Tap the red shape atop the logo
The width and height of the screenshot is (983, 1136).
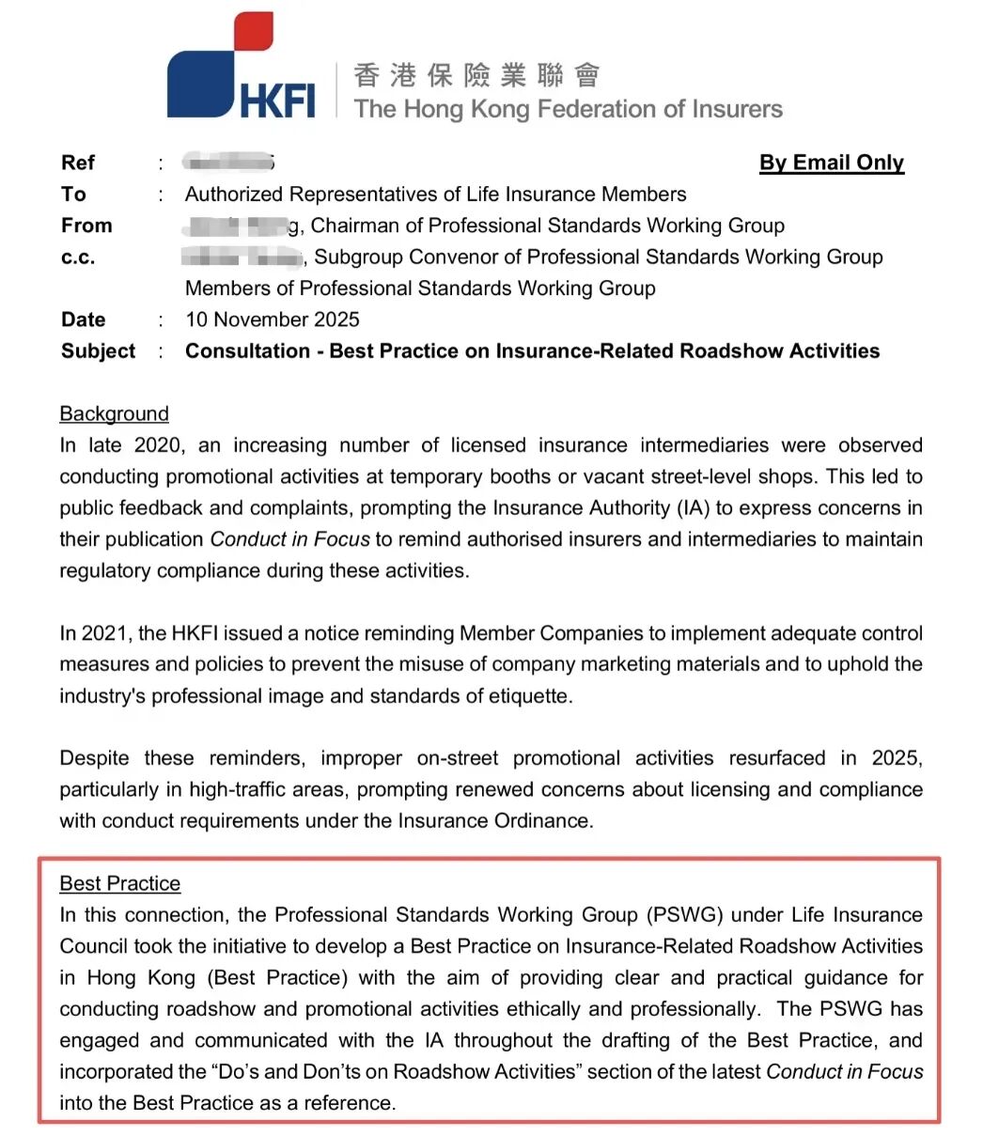[253, 31]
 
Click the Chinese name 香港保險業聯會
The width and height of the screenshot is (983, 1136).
[476, 75]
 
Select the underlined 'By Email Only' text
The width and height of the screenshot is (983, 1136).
[831, 163]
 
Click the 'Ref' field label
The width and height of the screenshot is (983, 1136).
[78, 163]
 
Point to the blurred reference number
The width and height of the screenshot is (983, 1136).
[228, 163]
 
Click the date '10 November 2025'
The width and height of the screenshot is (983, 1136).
[273, 319]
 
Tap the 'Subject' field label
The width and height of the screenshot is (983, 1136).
[99, 351]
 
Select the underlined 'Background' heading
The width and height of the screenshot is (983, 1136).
[115, 414]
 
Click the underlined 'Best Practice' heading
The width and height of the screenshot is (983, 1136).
[120, 884]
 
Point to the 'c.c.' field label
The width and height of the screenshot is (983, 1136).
[78, 257]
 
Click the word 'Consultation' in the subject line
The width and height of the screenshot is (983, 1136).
[247, 351]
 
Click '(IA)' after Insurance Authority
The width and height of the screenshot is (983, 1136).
[692, 508]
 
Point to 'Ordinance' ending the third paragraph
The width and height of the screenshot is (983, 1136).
[542, 821]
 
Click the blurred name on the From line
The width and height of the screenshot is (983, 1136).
[242, 226]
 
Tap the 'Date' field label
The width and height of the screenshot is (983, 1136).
[84, 319]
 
